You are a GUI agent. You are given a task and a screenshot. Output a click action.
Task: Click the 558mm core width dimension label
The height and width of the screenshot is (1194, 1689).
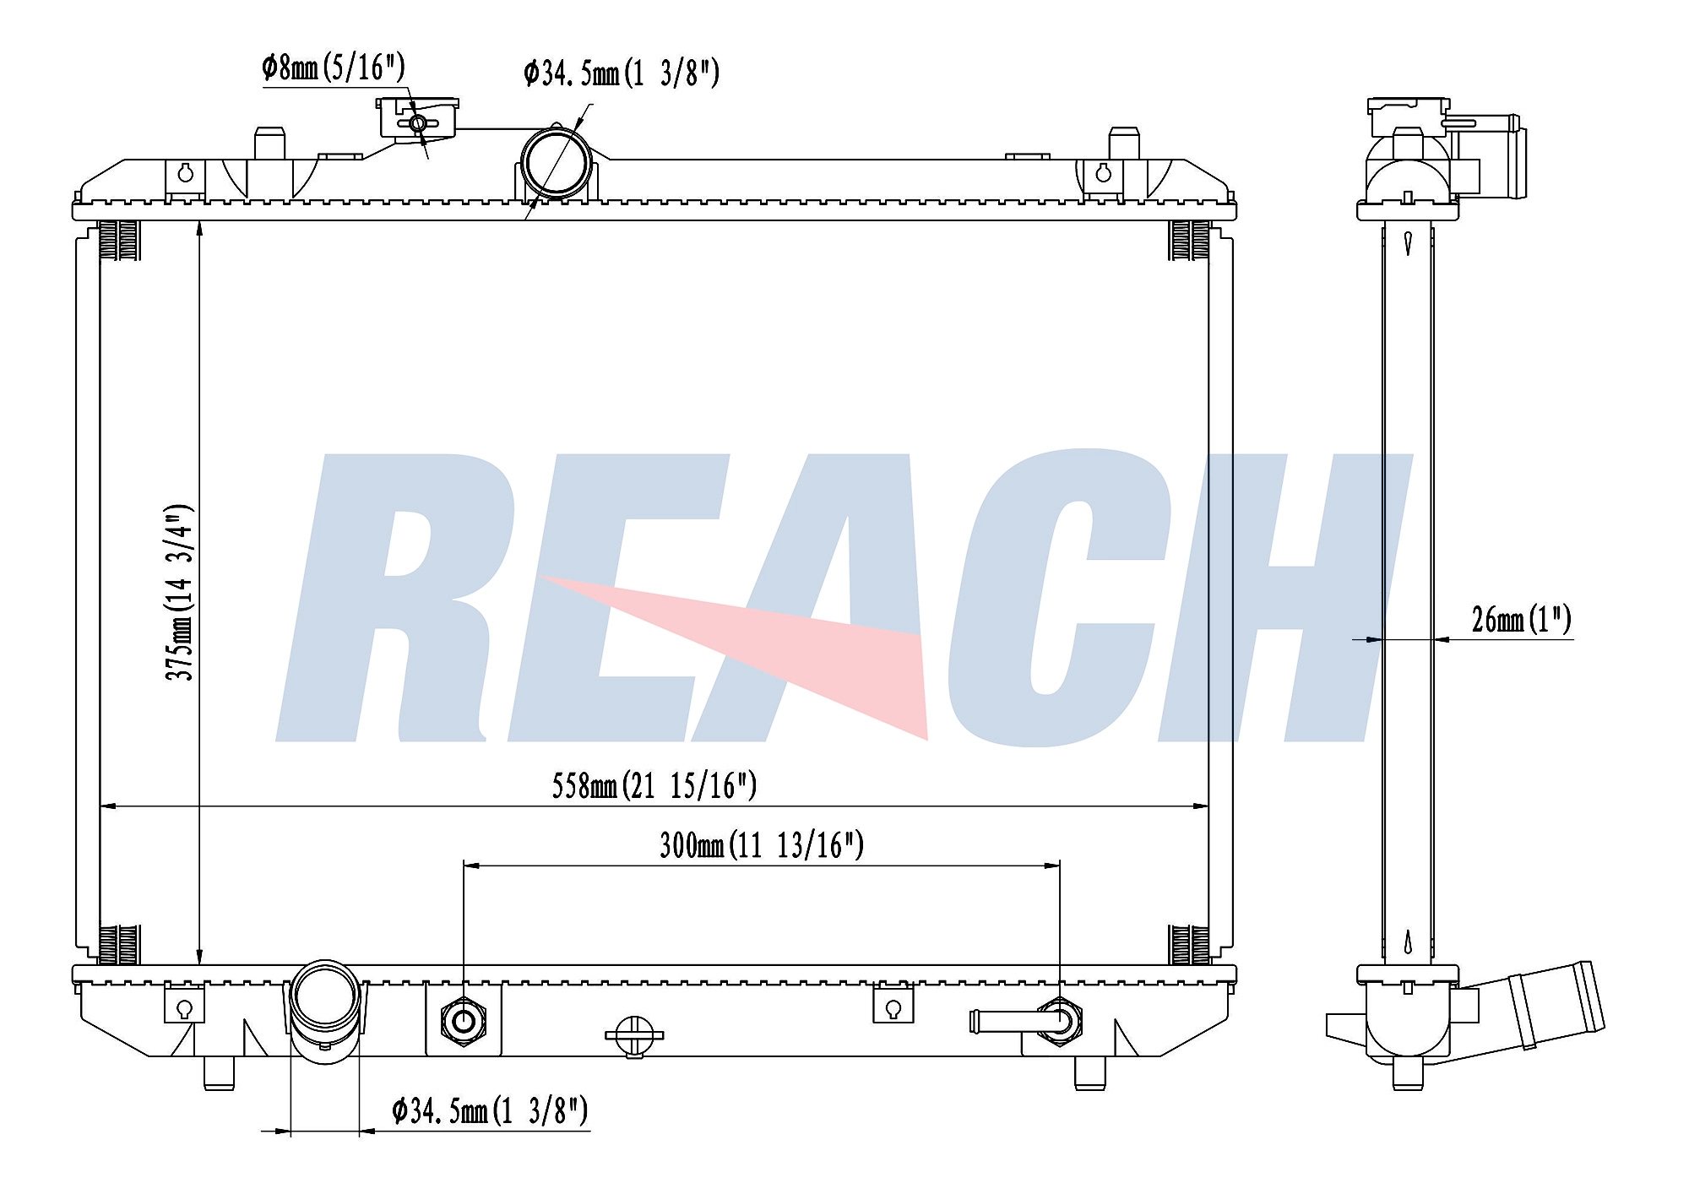(x=654, y=786)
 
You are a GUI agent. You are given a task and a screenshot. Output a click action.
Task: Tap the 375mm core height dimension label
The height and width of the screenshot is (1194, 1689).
(x=180, y=593)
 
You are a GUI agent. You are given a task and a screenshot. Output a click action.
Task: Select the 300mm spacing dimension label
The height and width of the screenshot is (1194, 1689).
(x=762, y=845)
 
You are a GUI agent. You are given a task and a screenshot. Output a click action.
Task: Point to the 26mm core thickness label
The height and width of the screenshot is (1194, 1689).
(x=1521, y=620)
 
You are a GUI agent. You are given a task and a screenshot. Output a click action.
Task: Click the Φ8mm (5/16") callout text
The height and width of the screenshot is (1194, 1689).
(x=334, y=67)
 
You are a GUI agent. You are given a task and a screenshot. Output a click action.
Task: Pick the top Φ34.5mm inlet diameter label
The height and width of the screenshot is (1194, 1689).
(x=622, y=73)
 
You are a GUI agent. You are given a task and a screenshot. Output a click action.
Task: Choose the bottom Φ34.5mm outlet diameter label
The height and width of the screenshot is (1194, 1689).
(x=490, y=1111)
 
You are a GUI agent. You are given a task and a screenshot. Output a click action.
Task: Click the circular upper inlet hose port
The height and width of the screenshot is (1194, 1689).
(x=554, y=163)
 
